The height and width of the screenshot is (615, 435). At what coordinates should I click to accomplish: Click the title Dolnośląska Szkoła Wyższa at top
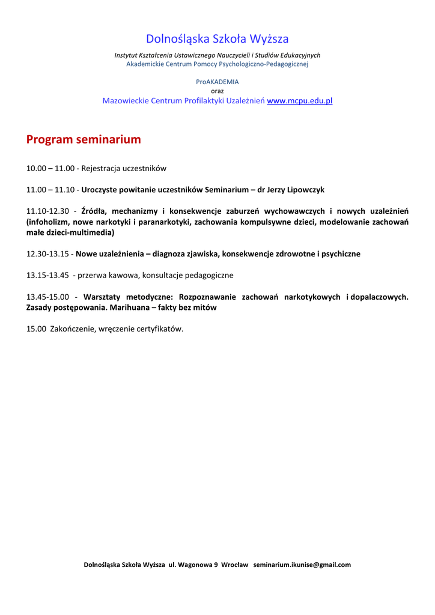pyautogui.click(x=218, y=39)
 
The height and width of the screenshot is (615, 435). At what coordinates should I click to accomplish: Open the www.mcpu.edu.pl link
pyautogui.click(x=299, y=101)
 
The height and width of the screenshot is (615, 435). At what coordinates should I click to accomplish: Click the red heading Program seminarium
pyautogui.click(x=84, y=140)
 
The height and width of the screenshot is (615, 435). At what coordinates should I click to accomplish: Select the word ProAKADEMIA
pyautogui.click(x=218, y=82)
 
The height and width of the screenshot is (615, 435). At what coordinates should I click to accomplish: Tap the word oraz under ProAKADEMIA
pyautogui.click(x=218, y=91)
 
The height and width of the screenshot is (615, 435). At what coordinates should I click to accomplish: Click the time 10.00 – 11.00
pyautogui.click(x=50, y=169)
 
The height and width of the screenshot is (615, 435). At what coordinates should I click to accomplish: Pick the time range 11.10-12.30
pyautogui.click(x=47, y=211)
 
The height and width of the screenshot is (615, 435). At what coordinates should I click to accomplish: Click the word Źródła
pyautogui.click(x=94, y=211)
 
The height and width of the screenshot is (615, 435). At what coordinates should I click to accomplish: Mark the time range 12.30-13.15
pyautogui.click(x=47, y=254)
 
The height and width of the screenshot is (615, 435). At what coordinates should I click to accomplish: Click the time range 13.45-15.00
pyautogui.click(x=47, y=297)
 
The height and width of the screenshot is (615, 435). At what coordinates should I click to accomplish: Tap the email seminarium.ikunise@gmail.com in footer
pyautogui.click(x=302, y=565)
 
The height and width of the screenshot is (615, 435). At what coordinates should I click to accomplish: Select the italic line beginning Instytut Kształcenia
pyautogui.click(x=218, y=55)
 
